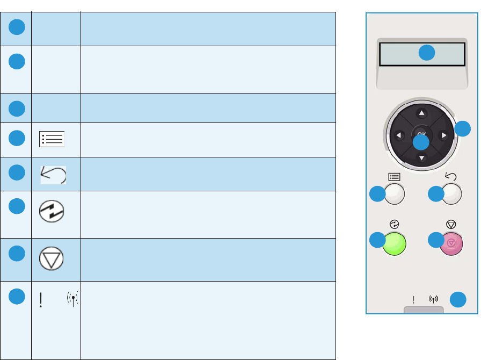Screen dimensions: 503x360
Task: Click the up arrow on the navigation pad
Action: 421,113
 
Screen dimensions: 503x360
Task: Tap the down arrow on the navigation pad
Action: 421,157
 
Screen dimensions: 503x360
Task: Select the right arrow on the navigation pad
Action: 444,135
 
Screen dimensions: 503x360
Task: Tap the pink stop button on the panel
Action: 451,243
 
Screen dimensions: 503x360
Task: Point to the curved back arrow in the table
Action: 54,175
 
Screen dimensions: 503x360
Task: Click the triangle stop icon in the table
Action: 52,260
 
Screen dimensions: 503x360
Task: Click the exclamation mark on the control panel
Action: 413,300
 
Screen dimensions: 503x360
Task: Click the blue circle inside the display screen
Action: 426,53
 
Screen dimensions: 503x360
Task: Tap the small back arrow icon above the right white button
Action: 450,175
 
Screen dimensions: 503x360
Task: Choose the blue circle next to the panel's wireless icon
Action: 457,299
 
